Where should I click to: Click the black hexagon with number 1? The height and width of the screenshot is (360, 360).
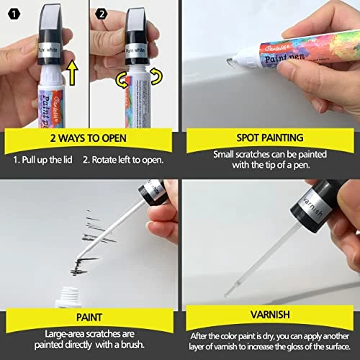click(x=11, y=13)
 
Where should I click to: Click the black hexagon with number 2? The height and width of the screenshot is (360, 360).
click(x=102, y=13)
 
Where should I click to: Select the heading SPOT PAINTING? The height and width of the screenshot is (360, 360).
click(x=270, y=137)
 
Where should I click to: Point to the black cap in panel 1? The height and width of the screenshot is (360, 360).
click(x=50, y=36)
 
